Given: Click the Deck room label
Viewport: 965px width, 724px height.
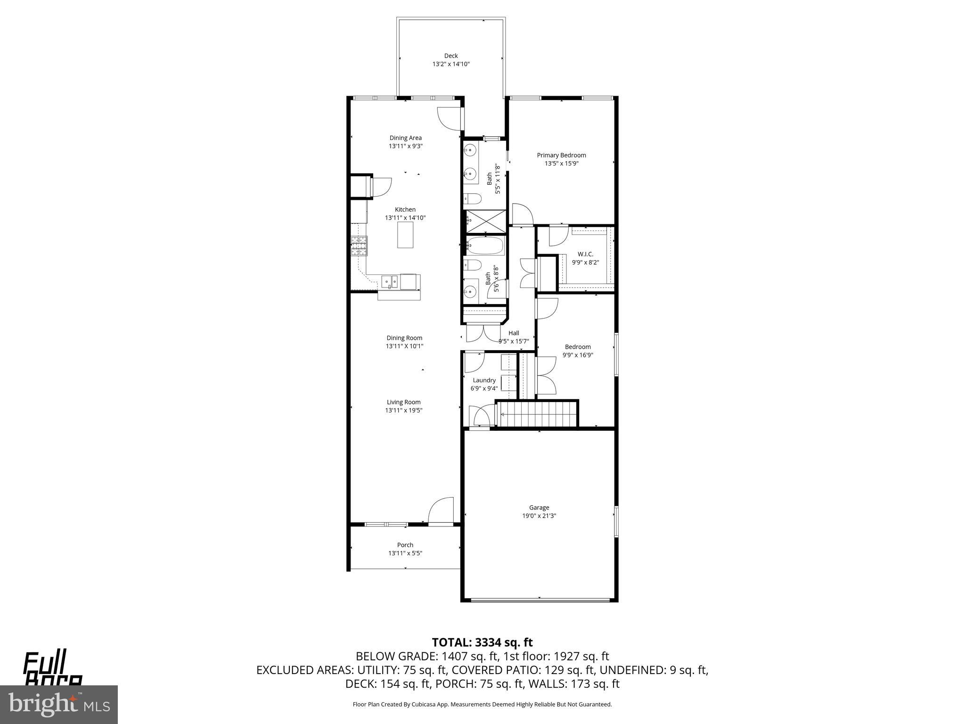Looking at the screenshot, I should point(451,56).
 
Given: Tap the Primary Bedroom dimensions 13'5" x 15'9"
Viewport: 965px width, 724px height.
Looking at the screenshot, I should point(561,164).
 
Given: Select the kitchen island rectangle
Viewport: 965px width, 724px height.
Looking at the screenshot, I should point(405,235).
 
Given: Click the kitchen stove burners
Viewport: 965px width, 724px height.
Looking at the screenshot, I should point(359,246).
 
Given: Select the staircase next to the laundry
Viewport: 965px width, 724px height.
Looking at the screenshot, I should point(537,414).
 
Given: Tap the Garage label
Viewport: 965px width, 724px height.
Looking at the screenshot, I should point(539,508).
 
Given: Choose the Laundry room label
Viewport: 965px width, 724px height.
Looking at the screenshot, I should point(484,380).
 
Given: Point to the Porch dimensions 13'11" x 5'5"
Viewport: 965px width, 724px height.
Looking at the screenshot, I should point(405,553).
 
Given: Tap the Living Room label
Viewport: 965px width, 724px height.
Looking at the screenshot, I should point(403,402).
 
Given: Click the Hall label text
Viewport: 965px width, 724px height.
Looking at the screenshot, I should point(514,333).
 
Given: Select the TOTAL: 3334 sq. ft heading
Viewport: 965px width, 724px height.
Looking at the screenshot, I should point(482,642).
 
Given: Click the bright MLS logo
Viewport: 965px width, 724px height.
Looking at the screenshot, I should point(59,704).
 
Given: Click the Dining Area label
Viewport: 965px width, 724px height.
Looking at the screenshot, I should point(405,138).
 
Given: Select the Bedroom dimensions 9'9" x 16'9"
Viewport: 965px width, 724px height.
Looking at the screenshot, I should point(577,355).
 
